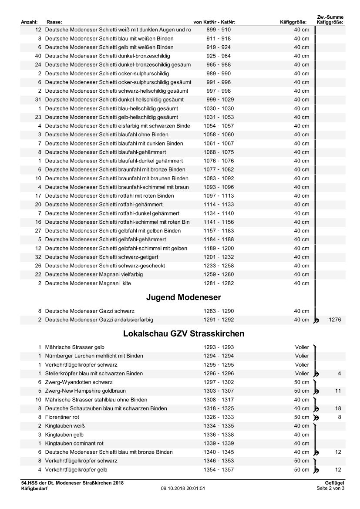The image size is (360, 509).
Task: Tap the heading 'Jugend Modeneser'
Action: tap(183, 297)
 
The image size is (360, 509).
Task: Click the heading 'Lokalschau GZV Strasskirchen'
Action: tap(183, 334)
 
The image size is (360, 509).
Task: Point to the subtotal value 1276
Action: tap(335, 320)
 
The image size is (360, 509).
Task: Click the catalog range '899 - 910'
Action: tap(219, 30)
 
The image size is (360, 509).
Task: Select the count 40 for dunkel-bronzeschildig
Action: tap(38, 56)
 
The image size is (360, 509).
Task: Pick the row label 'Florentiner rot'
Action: tap(62, 417)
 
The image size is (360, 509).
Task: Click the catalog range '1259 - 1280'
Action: tap(219, 274)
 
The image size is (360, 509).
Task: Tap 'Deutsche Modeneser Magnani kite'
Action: tap(88, 283)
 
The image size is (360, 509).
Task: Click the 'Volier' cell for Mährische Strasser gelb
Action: tap(302, 347)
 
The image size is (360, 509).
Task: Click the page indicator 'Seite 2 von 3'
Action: tap(330, 489)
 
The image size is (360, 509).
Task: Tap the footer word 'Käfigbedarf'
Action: tap(34, 489)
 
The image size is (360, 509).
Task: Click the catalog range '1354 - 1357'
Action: tap(219, 469)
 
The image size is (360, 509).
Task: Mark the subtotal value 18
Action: tap(338, 408)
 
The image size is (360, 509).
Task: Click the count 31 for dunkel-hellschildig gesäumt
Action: tap(38, 100)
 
